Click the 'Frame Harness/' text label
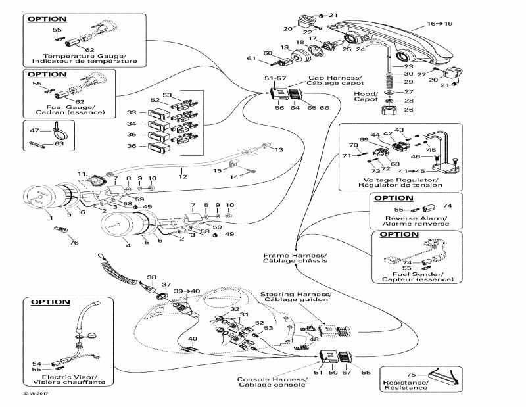pyautogui.click(x=295, y=254)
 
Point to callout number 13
pyautogui.click(x=279, y=150)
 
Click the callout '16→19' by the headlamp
pyautogui.click(x=441, y=23)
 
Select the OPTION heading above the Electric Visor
pyautogui.click(x=49, y=302)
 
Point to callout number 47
pyautogui.click(x=35, y=132)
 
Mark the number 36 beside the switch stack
pyautogui.click(x=131, y=146)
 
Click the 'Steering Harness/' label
pyautogui.click(x=295, y=293)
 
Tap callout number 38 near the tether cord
pyautogui.click(x=151, y=277)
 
